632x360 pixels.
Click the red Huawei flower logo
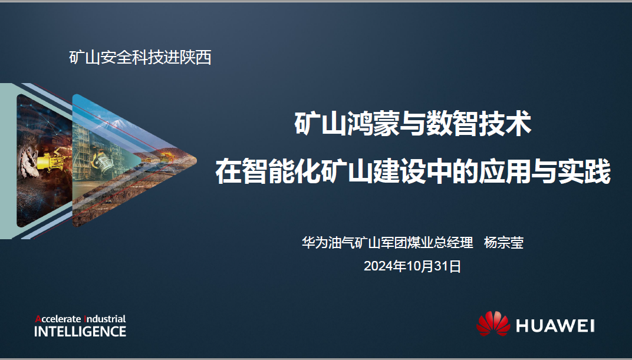click(x=493, y=323)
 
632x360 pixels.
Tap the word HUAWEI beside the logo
click(x=555, y=326)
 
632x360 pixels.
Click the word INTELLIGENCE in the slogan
click(x=80, y=331)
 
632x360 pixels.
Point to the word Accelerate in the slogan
click(x=58, y=319)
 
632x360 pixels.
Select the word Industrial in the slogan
click(x=105, y=319)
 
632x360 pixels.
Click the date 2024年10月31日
click(x=412, y=266)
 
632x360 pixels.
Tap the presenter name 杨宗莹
click(x=503, y=243)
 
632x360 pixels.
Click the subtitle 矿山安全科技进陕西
click(x=140, y=58)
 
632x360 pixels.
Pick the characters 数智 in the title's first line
click(x=452, y=124)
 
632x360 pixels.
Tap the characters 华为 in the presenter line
click(x=315, y=243)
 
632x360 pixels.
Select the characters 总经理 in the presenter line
click(x=453, y=243)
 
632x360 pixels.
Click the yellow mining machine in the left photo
click(x=50, y=161)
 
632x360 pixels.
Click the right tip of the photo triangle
click(x=196, y=160)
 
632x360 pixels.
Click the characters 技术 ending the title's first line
click(x=505, y=124)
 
